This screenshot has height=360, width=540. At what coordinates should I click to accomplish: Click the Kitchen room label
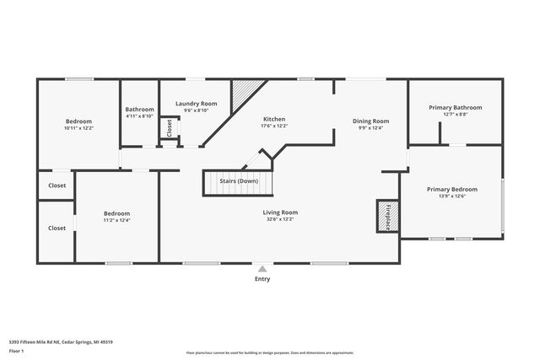274,120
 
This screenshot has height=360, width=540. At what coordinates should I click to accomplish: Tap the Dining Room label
370,121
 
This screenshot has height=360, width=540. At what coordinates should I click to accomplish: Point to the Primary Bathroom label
455,108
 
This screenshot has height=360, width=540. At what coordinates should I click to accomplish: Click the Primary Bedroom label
452,190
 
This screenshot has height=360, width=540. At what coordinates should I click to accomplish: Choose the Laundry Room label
197,104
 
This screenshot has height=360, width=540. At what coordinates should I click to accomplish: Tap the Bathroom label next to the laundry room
139,110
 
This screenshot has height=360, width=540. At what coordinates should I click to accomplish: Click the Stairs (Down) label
239,181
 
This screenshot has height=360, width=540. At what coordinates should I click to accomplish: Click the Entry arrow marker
262,269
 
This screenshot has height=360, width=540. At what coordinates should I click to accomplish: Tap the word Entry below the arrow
262,279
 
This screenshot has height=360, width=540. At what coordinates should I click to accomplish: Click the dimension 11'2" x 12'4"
116,221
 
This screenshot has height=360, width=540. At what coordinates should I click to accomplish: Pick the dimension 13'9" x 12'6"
452,197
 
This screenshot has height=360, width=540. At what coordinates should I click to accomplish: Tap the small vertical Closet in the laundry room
169,128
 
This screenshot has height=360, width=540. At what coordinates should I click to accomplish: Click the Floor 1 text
16,350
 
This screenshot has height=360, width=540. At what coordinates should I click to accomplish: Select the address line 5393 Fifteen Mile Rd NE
61,342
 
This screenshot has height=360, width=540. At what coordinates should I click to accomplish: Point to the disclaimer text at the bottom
270,352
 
